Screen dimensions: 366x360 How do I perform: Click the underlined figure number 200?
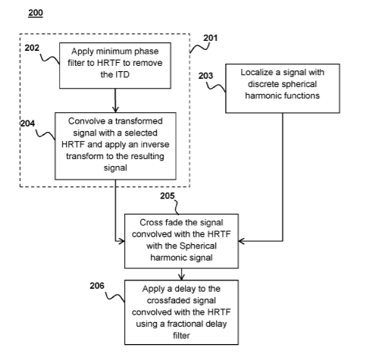tap(36, 13)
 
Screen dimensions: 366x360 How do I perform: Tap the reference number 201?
tap(211, 38)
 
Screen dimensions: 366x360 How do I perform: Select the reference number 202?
tap(32, 48)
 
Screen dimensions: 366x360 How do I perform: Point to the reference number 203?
tap(205, 76)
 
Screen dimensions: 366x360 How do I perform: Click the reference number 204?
tap(27, 124)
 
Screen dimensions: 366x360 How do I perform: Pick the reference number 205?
tap(167, 196)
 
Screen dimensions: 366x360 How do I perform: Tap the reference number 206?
tap(97, 286)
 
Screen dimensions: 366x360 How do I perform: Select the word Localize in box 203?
tap(256, 73)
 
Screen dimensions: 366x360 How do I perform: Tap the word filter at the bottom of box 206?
tap(181, 336)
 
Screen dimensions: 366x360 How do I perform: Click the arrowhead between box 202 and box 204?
tap(115, 109)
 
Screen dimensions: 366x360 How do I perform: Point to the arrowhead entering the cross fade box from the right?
tap(242, 241)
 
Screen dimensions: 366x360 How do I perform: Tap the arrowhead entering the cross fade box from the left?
tap(121, 241)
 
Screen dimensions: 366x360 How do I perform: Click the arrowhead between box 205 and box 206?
tap(181, 277)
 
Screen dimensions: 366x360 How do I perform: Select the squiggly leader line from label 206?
tap(114, 296)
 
